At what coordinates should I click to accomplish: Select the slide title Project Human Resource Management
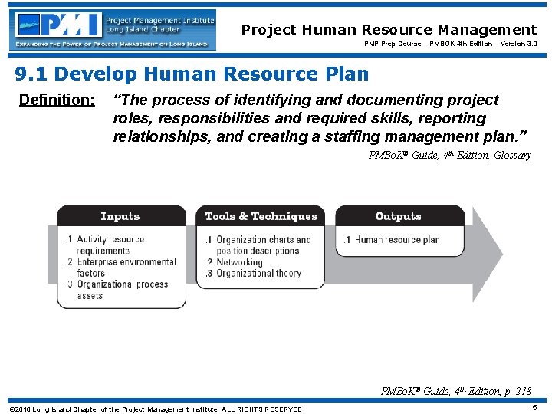[x=389, y=30]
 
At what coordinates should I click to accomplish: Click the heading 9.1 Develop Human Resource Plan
[x=192, y=74]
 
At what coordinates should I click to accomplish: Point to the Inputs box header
[x=120, y=216]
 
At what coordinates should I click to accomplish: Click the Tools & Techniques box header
[x=261, y=216]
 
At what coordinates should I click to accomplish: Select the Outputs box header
[x=399, y=216]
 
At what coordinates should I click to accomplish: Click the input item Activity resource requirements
[x=109, y=245]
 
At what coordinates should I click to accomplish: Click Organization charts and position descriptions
[x=261, y=245]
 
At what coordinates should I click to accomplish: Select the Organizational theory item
[x=258, y=274]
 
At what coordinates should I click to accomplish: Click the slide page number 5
[x=534, y=408]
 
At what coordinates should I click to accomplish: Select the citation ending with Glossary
[x=449, y=156]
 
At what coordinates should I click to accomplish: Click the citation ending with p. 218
[x=455, y=391]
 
